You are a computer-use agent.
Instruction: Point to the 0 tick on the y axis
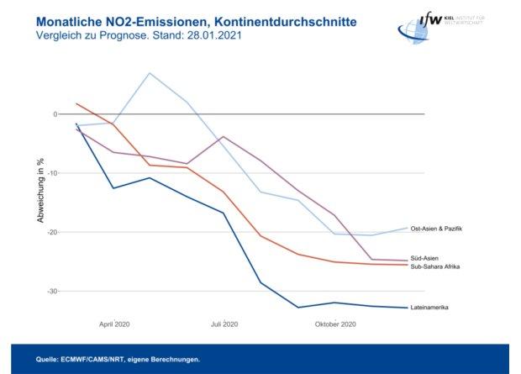(x=55, y=114)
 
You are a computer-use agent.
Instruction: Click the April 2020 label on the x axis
(x=115, y=324)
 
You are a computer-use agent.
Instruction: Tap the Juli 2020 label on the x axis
(x=225, y=324)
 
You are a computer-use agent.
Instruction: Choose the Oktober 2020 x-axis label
(x=335, y=324)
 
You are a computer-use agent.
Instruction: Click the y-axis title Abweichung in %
(x=39, y=191)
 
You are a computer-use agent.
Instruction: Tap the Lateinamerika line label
(x=429, y=308)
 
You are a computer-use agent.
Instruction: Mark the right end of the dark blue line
(x=408, y=307)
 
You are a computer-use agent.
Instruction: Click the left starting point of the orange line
(x=76, y=103)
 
